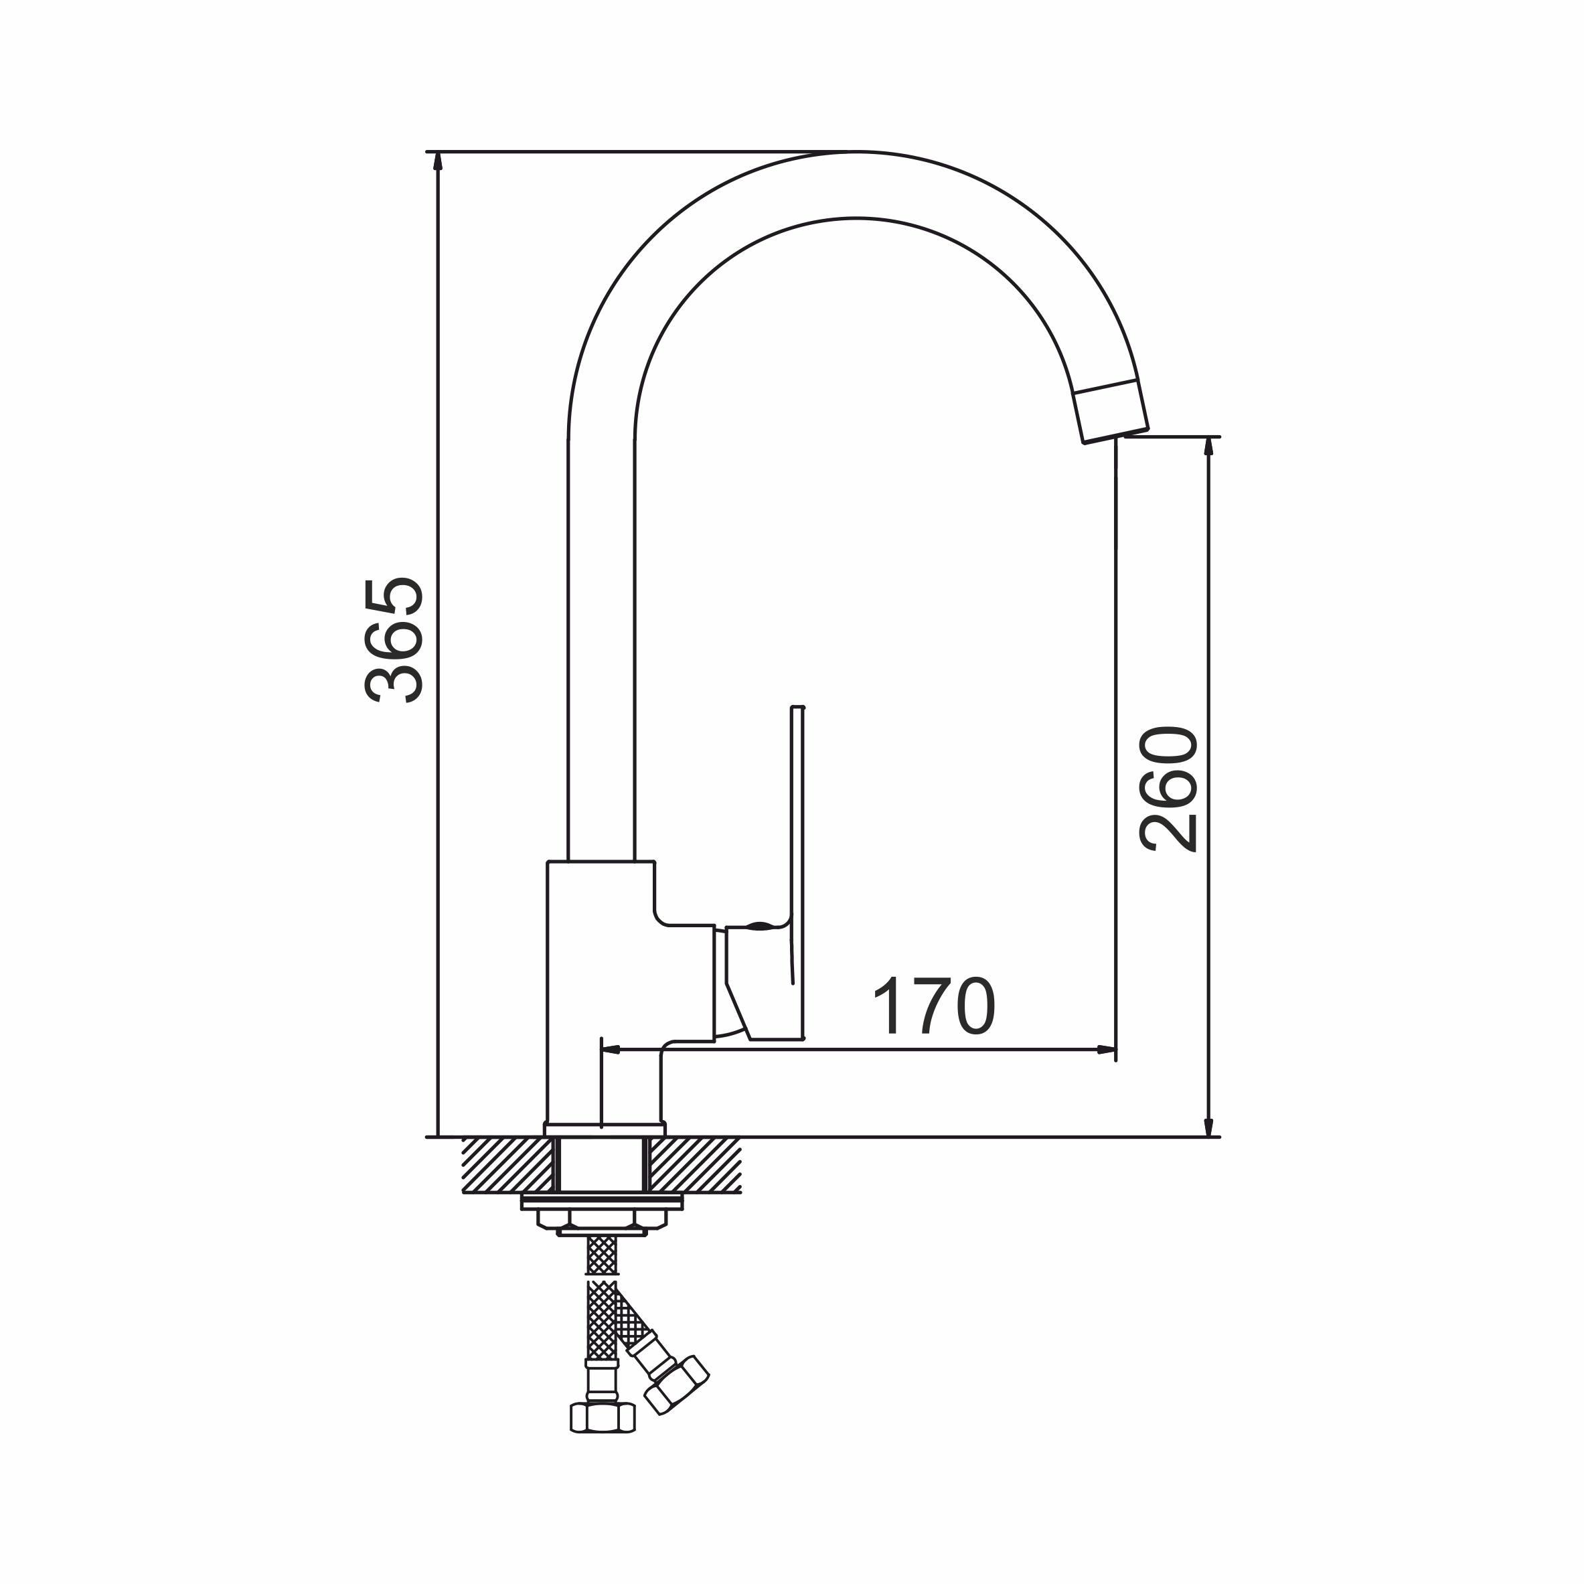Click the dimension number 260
1168,789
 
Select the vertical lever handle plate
797,872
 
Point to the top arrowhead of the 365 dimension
438,161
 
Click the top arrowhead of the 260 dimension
1208,447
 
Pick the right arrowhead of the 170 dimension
1106,1050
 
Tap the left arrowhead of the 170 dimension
612,1050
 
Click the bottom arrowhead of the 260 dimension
1208,1127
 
